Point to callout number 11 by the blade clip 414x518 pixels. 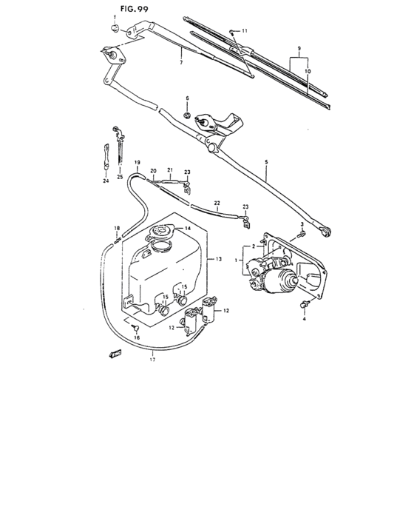click(245, 30)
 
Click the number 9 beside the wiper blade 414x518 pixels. click(299, 48)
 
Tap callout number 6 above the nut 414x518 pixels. click(187, 98)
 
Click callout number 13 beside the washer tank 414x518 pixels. click(219, 260)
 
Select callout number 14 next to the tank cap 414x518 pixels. click(188, 229)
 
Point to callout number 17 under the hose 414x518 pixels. click(153, 360)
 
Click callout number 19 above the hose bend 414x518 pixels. click(137, 162)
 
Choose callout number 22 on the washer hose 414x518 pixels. click(217, 202)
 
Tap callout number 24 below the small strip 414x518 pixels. click(105, 180)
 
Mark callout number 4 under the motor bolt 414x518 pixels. click(303, 319)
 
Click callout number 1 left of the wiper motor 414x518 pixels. click(237, 260)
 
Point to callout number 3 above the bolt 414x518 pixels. click(302, 223)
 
